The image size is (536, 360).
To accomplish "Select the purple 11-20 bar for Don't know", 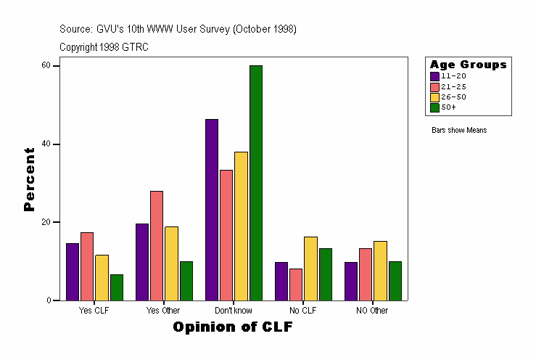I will pos(212,210).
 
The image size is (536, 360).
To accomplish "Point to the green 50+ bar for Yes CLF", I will pos(117,287).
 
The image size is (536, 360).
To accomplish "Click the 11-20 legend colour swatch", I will pos(434,76).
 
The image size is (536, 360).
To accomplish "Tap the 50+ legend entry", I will pos(449,107).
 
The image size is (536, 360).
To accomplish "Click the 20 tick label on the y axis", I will pos(46,222).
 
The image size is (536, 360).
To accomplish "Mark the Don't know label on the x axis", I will pos(233,311).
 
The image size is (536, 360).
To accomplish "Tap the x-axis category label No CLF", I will pos(303,311).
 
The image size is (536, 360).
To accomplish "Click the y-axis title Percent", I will pos(29,179).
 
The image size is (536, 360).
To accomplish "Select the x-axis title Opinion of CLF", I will pos(233,327).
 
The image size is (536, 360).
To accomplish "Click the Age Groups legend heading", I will pos(468,65).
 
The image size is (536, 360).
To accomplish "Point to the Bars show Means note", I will pos(458,131).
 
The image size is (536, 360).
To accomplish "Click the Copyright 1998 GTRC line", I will pos(104,46).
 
